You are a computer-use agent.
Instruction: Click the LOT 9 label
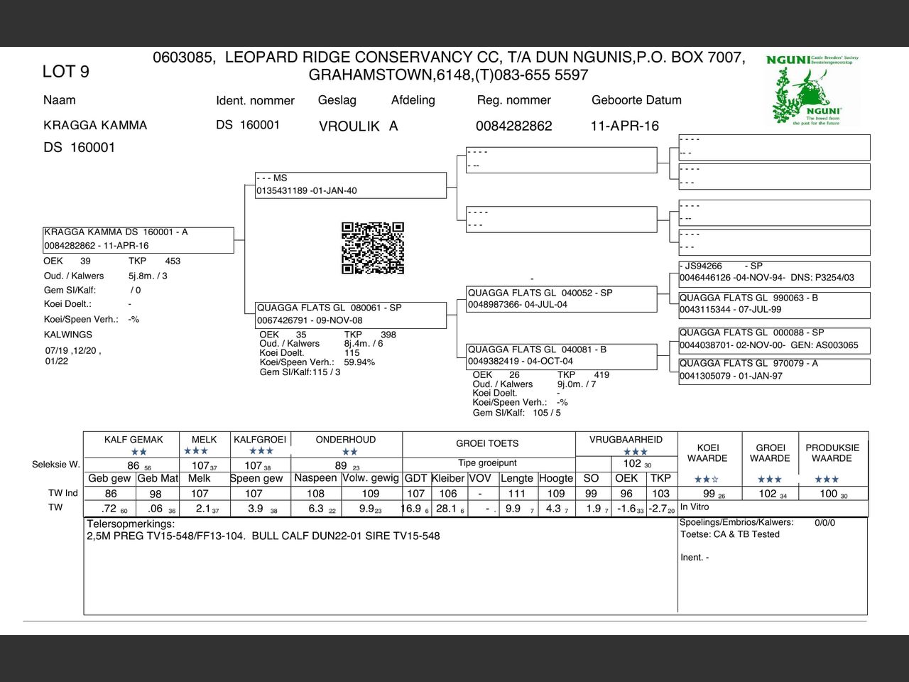click(66, 71)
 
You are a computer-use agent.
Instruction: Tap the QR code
click(373, 248)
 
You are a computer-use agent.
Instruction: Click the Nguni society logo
click(813, 90)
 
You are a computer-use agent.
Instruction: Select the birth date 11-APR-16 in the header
click(625, 126)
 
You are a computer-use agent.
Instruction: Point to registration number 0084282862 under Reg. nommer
click(514, 126)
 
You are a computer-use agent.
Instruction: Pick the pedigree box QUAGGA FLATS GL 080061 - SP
click(351, 314)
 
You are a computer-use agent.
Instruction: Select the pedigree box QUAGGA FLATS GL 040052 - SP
click(561, 298)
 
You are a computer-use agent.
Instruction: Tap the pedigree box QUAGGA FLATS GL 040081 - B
click(561, 355)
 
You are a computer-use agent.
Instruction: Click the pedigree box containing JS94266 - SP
click(774, 272)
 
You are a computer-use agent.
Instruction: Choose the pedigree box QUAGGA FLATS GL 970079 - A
click(774, 370)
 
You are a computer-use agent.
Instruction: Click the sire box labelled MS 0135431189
click(351, 185)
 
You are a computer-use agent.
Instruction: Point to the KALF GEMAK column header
click(134, 440)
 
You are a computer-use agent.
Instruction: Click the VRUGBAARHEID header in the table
click(626, 440)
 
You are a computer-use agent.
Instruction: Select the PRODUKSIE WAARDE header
click(832, 453)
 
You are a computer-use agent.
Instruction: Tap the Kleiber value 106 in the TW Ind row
click(448, 494)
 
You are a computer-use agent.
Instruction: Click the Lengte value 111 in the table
click(517, 494)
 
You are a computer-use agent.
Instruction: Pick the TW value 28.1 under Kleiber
click(447, 509)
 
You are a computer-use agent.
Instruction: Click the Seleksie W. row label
click(55, 465)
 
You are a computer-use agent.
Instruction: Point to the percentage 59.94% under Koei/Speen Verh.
click(360, 362)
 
